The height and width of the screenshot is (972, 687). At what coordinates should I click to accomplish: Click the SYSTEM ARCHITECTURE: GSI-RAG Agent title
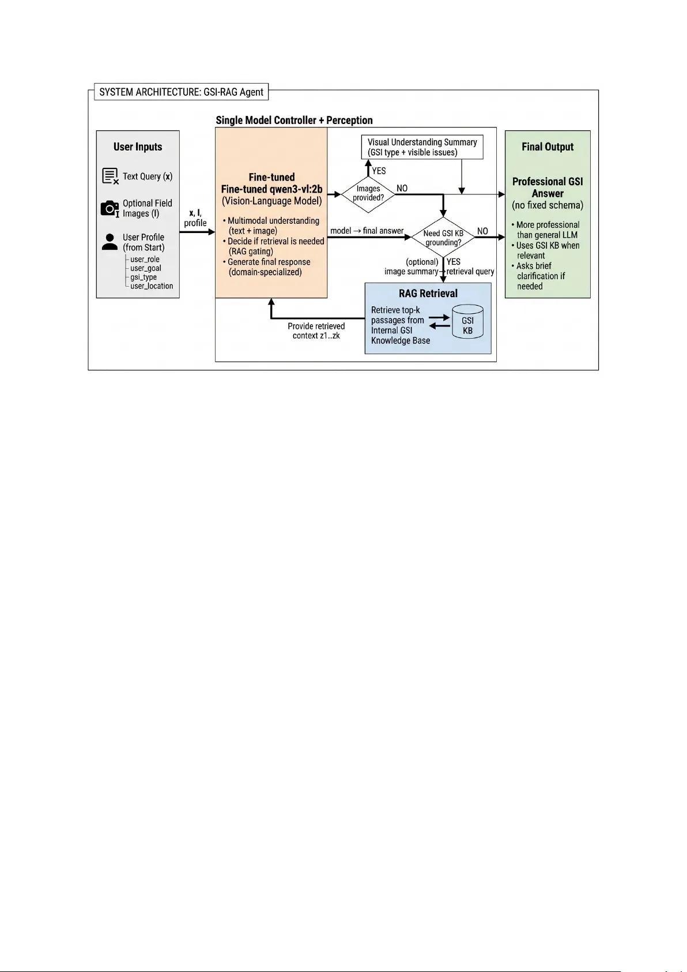[181, 92]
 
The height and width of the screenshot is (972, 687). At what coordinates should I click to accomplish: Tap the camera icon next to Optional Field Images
[110, 208]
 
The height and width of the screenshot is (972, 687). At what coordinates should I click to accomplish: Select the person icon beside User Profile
[110, 242]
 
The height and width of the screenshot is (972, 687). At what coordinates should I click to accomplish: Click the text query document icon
[110, 177]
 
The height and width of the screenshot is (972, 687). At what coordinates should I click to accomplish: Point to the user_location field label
[151, 286]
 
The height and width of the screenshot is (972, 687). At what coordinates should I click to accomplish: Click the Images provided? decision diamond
[368, 193]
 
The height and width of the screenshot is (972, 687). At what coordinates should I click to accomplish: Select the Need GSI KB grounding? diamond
[443, 238]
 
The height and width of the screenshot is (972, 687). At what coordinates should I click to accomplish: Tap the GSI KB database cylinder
[467, 321]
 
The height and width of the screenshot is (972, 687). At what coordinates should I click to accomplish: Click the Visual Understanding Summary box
[422, 147]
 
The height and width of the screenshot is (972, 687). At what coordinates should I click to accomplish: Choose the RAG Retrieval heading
[428, 294]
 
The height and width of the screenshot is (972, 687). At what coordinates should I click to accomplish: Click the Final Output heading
[547, 147]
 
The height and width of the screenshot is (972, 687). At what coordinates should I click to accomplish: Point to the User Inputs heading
[138, 147]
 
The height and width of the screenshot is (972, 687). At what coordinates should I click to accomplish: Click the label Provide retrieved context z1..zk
[316, 331]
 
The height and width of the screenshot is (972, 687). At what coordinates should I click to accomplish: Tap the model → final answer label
[367, 231]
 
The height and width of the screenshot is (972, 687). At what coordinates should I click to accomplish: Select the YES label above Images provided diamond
[379, 171]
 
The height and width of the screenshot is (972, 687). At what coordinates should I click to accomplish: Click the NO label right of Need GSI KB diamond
[482, 231]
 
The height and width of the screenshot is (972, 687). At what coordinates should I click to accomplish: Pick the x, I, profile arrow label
[195, 218]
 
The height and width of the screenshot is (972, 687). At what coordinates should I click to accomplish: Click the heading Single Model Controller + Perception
[294, 121]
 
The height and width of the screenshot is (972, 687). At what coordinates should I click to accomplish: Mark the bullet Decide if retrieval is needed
[273, 246]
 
